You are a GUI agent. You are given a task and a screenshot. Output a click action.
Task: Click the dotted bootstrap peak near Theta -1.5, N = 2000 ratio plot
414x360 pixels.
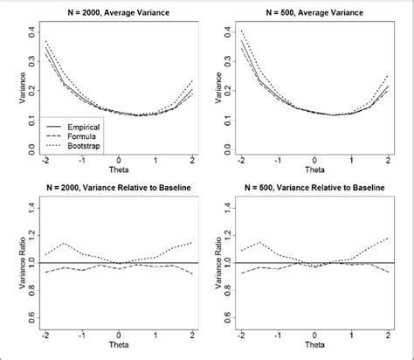coord(62,243)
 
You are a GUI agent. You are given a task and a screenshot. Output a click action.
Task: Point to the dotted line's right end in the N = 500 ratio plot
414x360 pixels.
coord(387,237)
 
